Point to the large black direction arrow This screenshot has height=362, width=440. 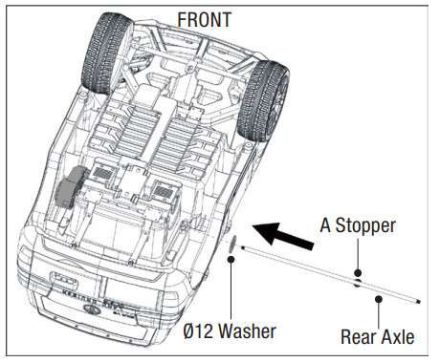pyautogui.click(x=284, y=232)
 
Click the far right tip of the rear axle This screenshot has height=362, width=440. pyautogui.click(x=417, y=303)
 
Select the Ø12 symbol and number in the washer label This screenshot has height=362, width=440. pyautogui.click(x=198, y=331)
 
